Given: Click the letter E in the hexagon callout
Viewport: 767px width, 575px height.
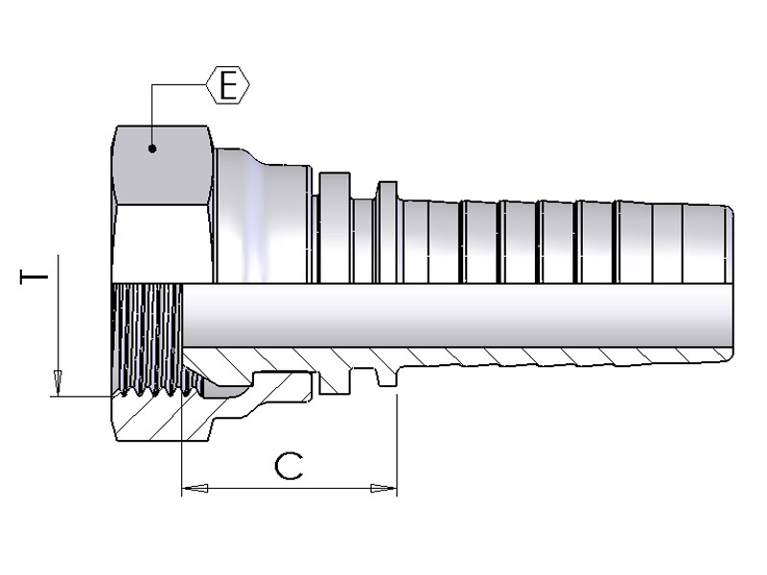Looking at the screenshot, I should click(x=228, y=86).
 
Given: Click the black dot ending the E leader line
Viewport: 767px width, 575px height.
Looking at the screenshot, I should click(x=151, y=148).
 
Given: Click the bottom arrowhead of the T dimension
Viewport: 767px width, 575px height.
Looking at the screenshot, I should click(x=58, y=383).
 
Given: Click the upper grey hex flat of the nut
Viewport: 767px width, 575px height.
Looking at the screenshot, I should click(x=160, y=163).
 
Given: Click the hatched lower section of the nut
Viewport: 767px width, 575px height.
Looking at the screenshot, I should click(x=153, y=422).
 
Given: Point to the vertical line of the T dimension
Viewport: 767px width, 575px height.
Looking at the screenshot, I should click(x=58, y=316).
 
